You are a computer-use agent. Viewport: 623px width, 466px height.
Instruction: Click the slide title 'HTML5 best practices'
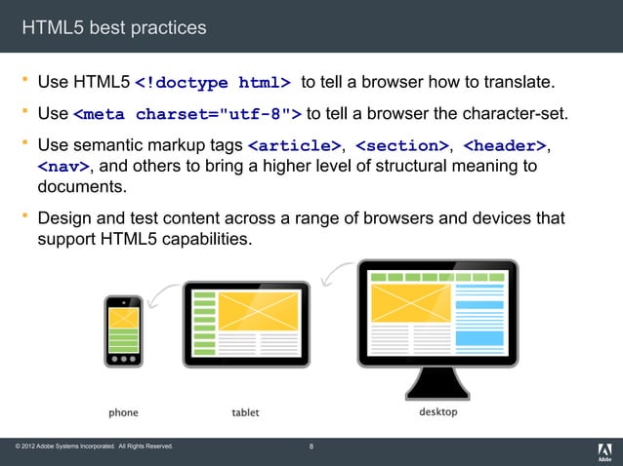click(x=114, y=27)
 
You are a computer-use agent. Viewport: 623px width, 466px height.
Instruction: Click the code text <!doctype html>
click(x=212, y=81)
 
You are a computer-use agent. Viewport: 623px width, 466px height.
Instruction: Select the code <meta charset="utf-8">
click(x=187, y=113)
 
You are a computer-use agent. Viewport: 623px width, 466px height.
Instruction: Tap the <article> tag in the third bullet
click(x=293, y=146)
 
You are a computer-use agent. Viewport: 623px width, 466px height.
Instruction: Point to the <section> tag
click(x=401, y=146)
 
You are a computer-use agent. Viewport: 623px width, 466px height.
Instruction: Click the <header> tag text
click(x=504, y=146)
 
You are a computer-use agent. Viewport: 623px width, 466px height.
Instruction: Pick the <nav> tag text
click(x=57, y=167)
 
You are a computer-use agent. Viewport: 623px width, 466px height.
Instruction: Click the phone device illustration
click(x=123, y=331)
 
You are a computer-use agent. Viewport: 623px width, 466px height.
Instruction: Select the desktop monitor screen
click(x=437, y=312)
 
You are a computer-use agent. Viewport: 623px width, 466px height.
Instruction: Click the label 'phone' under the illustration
click(x=123, y=412)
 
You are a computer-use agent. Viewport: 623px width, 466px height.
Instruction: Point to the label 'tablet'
click(x=245, y=412)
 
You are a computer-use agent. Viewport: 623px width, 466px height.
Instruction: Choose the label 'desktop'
click(x=437, y=411)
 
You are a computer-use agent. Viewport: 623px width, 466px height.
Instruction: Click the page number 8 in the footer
click(x=311, y=447)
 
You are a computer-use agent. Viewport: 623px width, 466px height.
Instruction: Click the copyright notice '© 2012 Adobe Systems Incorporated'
click(x=94, y=447)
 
